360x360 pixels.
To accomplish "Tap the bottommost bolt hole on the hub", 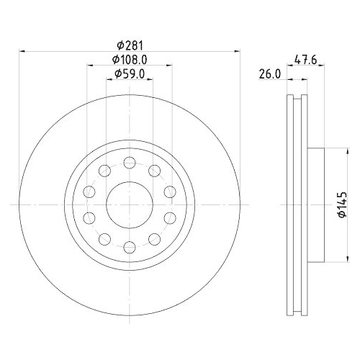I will tap(129, 248).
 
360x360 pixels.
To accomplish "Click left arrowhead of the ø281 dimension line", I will tap(22, 51).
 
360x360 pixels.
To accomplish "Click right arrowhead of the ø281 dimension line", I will tap(235, 51).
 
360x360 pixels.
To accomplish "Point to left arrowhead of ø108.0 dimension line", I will tap(90, 66).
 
